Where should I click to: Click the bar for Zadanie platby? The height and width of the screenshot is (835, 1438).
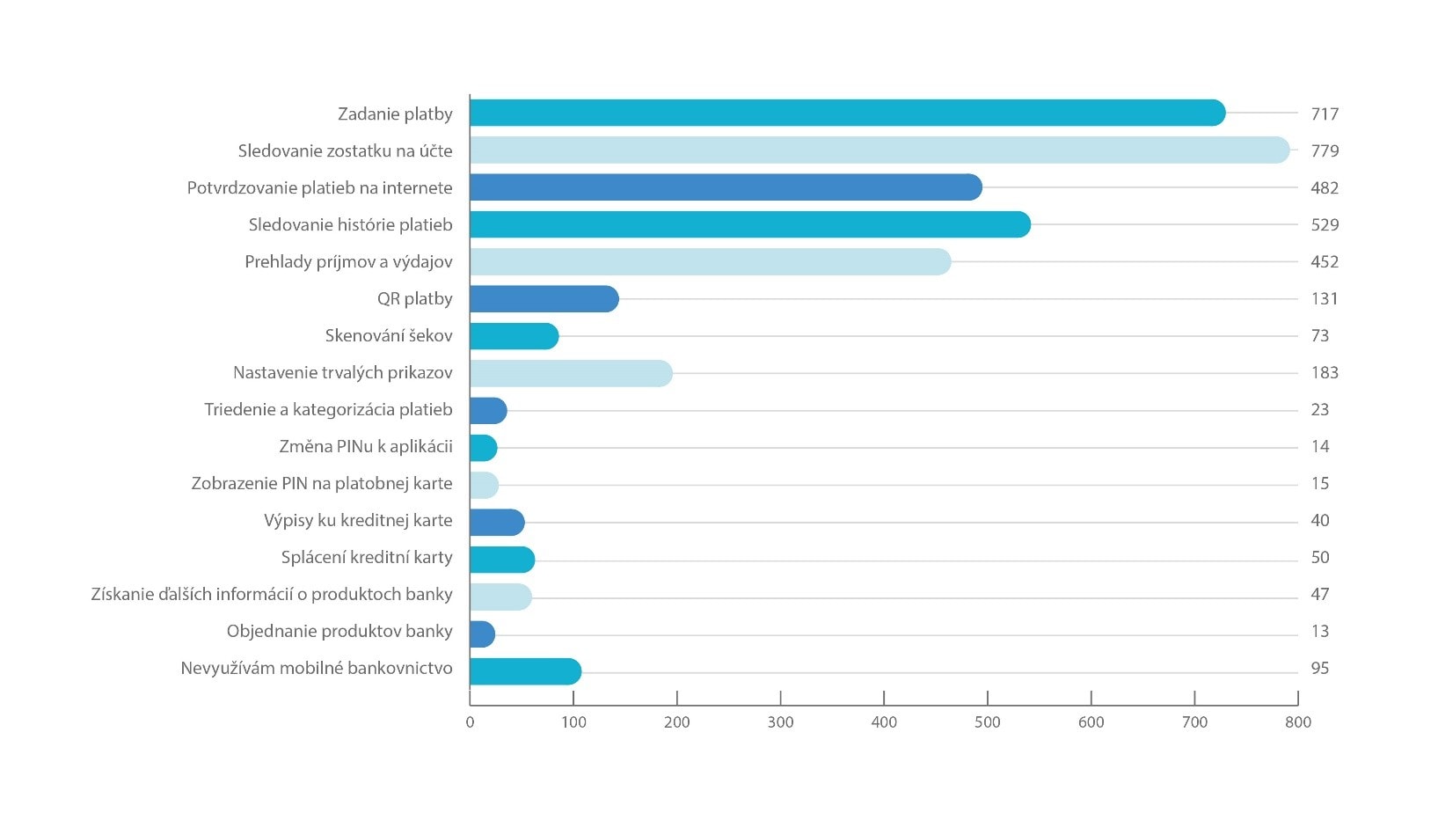(x=847, y=113)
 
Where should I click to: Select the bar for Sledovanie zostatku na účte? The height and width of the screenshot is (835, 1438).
(x=880, y=150)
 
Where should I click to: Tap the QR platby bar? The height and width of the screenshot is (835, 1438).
(x=544, y=299)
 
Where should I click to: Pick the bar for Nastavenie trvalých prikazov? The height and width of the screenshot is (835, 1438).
(x=571, y=373)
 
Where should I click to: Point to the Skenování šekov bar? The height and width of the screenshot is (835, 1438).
(x=514, y=336)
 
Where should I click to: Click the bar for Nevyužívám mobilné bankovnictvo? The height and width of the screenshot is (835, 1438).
(x=525, y=671)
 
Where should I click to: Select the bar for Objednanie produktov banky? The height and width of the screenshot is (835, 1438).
(x=482, y=634)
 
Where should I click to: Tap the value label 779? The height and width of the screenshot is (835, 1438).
(x=1325, y=150)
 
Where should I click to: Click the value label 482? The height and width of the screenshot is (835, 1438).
(x=1325, y=187)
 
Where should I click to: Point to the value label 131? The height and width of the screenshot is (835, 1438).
(x=1325, y=298)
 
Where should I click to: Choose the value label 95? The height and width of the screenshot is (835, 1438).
(x=1320, y=668)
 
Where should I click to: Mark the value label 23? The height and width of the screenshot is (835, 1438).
(x=1320, y=409)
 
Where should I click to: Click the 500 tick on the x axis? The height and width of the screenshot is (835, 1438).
(x=988, y=722)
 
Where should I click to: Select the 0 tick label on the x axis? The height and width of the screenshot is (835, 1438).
(x=470, y=722)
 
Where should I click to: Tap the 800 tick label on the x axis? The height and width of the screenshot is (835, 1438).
(x=1298, y=722)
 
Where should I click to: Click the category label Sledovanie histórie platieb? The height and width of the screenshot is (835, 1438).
(x=350, y=224)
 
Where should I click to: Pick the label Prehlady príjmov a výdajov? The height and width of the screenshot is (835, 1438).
(x=348, y=261)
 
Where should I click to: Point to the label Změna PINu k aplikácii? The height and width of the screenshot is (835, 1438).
(x=366, y=446)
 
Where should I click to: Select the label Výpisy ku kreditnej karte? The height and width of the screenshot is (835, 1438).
(x=358, y=520)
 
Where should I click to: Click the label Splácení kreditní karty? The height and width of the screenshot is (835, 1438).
(x=367, y=557)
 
